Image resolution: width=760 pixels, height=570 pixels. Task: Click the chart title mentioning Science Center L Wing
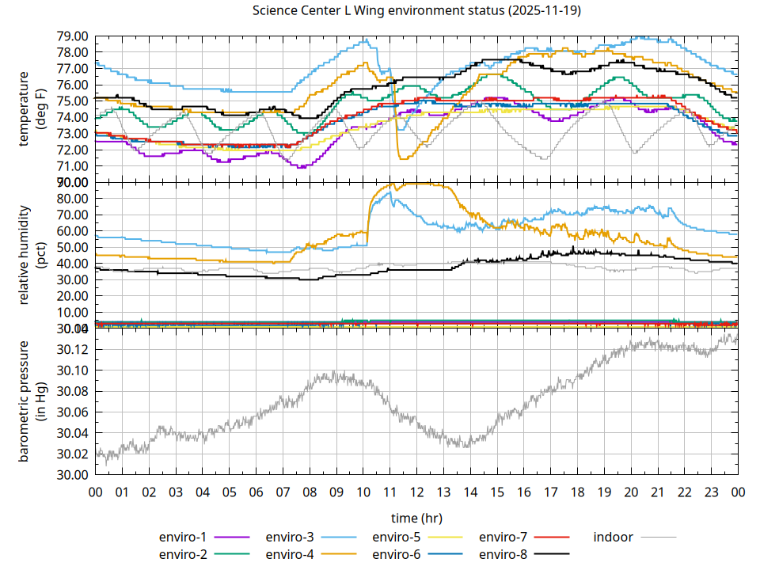(x=416, y=11)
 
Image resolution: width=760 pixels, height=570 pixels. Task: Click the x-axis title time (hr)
(x=416, y=518)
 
